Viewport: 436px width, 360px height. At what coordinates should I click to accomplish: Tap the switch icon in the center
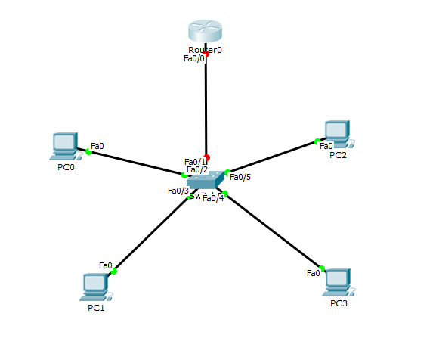(206, 180)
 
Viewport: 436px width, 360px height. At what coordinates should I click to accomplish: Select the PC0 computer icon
(65, 143)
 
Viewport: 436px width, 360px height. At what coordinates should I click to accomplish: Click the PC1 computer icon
(95, 286)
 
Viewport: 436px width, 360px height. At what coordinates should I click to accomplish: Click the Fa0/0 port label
(194, 58)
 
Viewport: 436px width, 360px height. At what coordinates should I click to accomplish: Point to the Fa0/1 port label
(195, 161)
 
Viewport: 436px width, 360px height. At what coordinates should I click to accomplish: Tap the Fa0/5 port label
(240, 177)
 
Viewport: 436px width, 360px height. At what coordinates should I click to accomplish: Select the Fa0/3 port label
(178, 191)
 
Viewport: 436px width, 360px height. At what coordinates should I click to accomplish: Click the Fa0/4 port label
(213, 198)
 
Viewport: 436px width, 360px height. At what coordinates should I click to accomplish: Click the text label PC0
(66, 167)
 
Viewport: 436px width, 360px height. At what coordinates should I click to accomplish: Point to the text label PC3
(339, 303)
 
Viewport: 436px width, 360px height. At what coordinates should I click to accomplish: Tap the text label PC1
(96, 308)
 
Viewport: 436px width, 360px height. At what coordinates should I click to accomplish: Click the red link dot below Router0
(206, 54)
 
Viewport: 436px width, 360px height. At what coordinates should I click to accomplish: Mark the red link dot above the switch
(206, 157)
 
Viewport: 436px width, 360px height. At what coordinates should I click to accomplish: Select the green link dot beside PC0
(88, 152)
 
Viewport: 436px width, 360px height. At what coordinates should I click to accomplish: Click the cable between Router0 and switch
(206, 106)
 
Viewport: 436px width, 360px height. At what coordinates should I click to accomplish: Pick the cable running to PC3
(274, 231)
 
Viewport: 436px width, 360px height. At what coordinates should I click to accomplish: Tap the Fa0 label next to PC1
(106, 265)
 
